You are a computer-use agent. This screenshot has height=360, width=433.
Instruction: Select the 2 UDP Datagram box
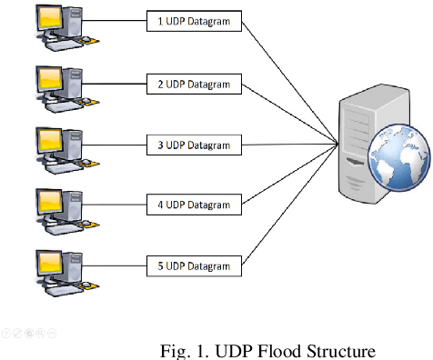pyautogui.click(x=194, y=84)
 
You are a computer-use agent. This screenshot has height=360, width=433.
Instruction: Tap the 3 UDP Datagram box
pyautogui.click(x=194, y=144)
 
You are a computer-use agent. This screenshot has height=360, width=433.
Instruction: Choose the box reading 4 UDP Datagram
pyautogui.click(x=194, y=205)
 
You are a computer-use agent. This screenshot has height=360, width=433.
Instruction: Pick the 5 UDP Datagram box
pyautogui.click(x=194, y=265)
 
